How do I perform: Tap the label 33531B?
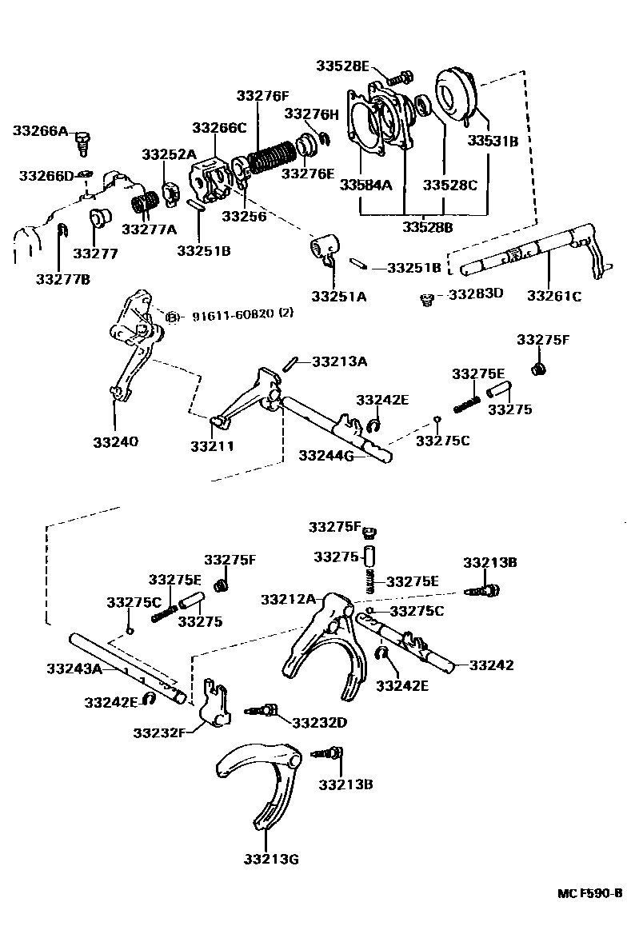(x=493, y=142)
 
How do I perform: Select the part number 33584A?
(x=365, y=185)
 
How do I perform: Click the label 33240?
(x=115, y=441)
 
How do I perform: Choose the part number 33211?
(x=212, y=445)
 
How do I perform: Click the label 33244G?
(x=326, y=455)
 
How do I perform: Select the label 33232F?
(x=160, y=732)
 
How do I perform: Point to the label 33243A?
(x=74, y=668)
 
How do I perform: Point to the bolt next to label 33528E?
(x=399, y=78)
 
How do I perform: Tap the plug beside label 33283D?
(x=427, y=299)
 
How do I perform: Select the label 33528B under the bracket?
(x=426, y=228)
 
